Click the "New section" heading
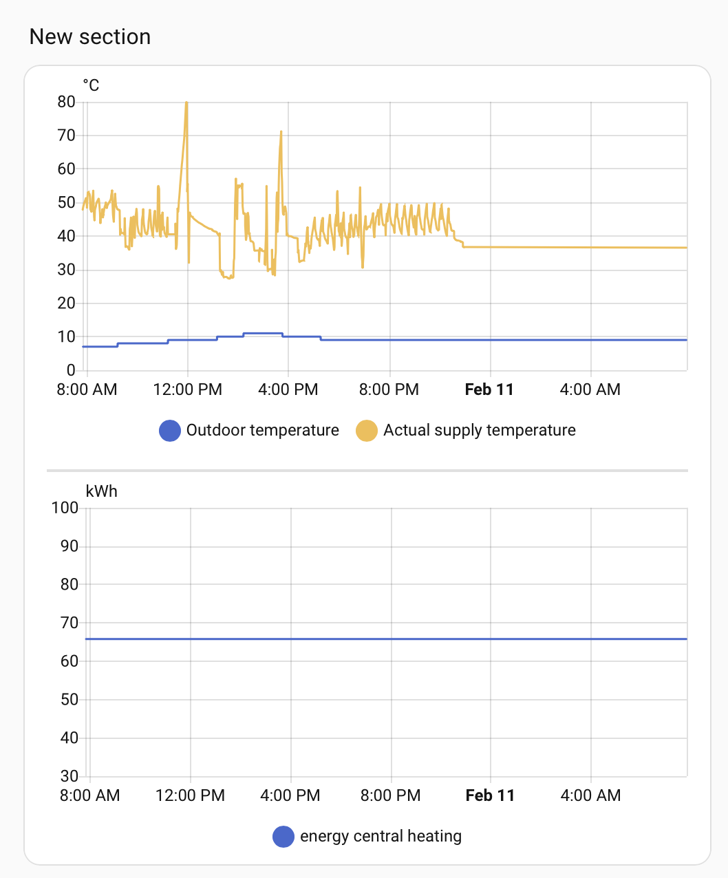[90, 36]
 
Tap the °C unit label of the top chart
[91, 85]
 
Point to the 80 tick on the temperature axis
[67, 102]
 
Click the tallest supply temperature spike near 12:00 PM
[186, 103]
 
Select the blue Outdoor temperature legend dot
[170, 431]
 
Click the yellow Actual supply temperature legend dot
[367, 431]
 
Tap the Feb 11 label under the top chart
[489, 389]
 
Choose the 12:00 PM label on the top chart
[187, 389]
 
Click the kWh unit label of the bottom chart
[101, 491]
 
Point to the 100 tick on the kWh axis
[65, 508]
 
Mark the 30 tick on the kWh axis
[69, 776]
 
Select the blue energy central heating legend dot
[283, 837]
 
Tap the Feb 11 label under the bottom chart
[490, 795]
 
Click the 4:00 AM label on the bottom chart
[590, 795]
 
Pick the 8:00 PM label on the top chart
[389, 389]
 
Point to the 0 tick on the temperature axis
[71, 370]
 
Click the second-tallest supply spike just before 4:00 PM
[281, 132]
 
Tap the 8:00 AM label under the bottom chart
[89, 795]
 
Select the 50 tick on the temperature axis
[67, 202]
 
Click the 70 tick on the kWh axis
[69, 623]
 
